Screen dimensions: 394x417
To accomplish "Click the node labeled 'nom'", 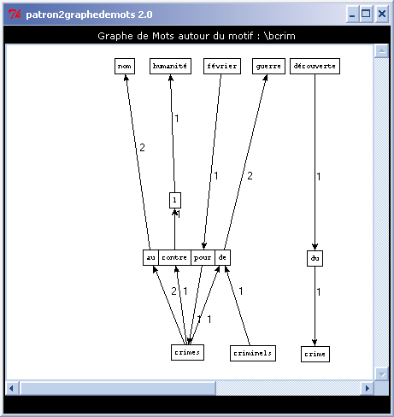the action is (125, 66).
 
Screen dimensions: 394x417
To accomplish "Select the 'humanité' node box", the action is (170, 66).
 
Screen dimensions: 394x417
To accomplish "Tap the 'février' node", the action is (222, 66).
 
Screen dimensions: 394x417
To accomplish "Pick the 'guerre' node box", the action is (268, 66).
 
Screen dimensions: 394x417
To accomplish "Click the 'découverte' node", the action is (315, 66).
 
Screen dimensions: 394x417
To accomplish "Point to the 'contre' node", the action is (174, 257).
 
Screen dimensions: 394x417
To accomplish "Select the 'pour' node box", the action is (203, 257).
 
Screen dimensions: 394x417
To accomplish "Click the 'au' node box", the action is (150, 257).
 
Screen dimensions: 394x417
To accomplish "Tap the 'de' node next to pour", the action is (222, 257).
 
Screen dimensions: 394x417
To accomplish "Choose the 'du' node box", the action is (315, 258).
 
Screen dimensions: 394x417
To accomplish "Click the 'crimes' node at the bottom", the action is (187, 352).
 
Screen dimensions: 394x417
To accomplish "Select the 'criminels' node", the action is (253, 353).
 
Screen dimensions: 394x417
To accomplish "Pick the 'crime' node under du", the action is (315, 354).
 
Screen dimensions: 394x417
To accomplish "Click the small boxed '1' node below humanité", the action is (175, 200).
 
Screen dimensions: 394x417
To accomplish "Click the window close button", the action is (382, 14).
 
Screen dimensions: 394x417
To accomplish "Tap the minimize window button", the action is (352, 14).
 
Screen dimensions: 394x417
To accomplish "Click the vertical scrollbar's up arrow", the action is (382, 51).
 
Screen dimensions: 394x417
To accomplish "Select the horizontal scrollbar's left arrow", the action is (12, 388).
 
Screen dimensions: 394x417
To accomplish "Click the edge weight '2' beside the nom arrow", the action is (142, 148).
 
